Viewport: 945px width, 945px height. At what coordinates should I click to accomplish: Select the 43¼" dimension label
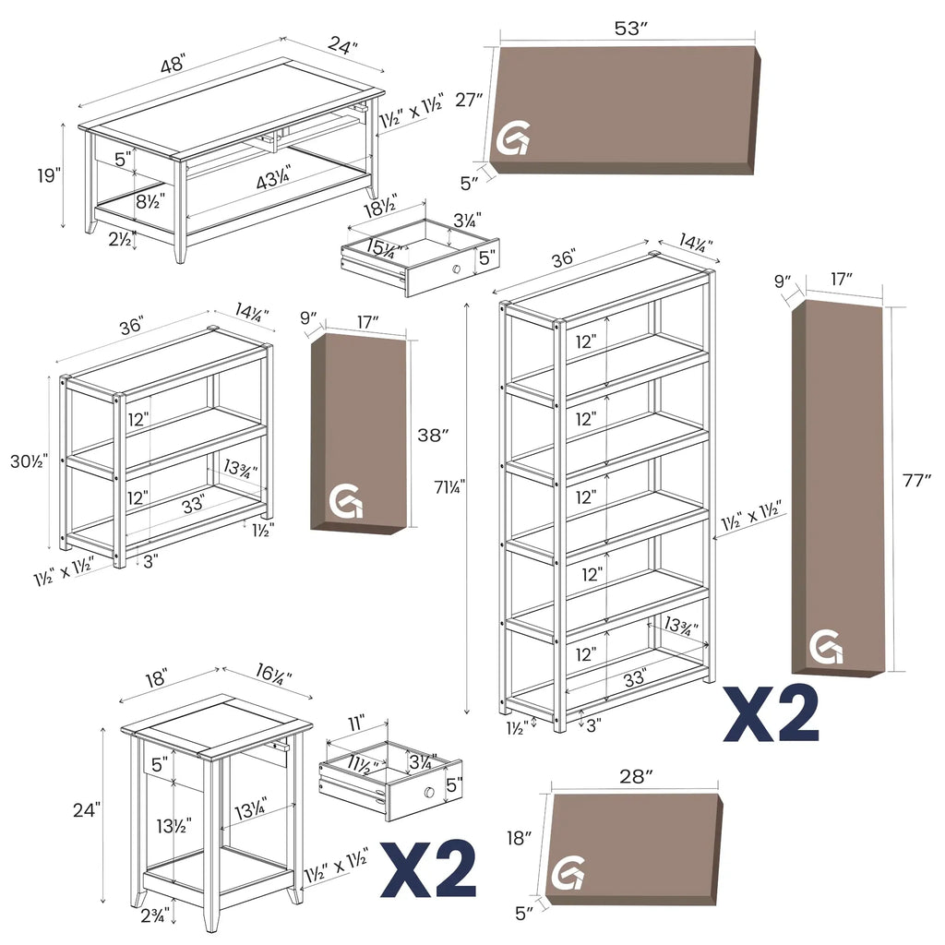coord(273,178)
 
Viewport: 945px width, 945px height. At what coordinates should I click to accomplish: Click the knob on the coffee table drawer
coord(456,269)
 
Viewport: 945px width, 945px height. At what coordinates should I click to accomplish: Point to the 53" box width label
coord(630,29)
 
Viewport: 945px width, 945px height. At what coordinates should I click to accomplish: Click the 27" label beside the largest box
coord(470,100)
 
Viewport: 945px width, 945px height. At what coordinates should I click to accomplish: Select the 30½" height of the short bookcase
coord(29,461)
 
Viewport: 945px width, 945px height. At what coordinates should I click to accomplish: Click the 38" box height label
coord(434,435)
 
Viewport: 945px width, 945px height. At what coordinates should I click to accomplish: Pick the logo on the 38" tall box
coord(347,501)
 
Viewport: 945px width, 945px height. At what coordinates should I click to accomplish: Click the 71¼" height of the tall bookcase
coord(449,486)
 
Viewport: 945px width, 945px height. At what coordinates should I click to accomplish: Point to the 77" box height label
coord(916,481)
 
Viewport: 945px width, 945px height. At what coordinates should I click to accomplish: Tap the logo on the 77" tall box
coord(826,647)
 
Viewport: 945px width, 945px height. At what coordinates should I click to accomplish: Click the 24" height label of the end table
coord(87,810)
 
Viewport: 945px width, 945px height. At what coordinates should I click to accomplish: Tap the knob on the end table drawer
coord(429,792)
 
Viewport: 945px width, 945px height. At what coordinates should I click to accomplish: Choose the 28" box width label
coord(637,776)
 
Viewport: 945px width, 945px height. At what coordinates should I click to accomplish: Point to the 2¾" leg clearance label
coord(155,916)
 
